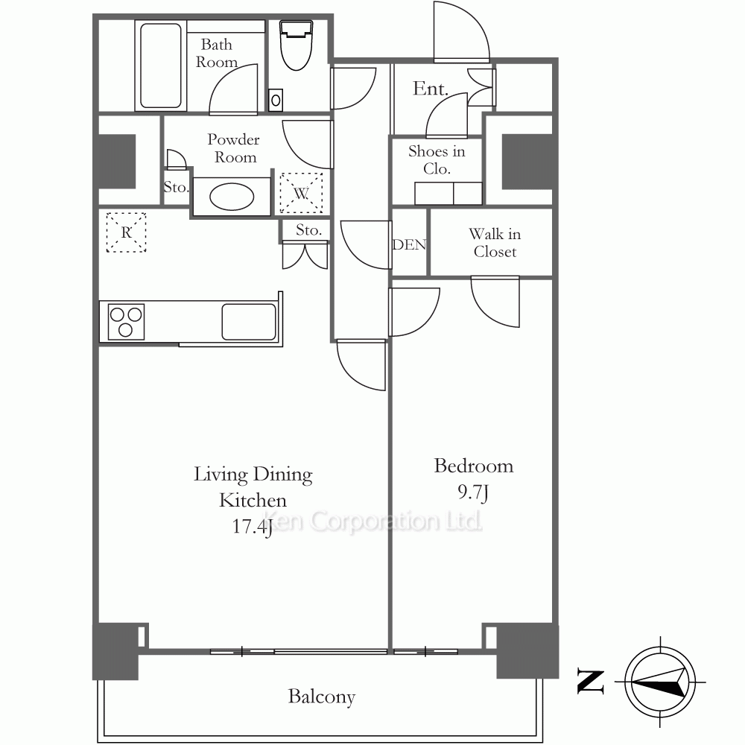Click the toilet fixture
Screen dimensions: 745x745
(297, 45)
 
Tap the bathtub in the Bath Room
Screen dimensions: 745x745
(161, 66)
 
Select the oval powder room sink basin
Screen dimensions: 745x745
(232, 197)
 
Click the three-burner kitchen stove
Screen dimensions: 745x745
(126, 322)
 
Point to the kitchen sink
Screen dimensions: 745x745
(249, 322)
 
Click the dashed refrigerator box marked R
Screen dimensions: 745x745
(126, 232)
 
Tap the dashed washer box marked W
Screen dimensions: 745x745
(301, 193)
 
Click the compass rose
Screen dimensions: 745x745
(660, 682)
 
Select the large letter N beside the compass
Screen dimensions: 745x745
(591, 682)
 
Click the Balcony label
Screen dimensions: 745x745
(322, 697)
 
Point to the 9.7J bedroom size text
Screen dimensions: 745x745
(473, 492)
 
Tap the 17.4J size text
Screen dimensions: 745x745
(252, 527)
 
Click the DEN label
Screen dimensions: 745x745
(409, 244)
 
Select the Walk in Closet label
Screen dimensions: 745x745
(495, 243)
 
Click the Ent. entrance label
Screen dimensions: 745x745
(430, 89)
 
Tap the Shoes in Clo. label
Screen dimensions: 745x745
(437, 160)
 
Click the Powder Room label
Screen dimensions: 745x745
(234, 148)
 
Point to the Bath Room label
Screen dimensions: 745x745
(216, 53)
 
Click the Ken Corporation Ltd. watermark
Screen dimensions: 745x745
(372, 521)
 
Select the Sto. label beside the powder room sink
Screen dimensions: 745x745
(177, 187)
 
